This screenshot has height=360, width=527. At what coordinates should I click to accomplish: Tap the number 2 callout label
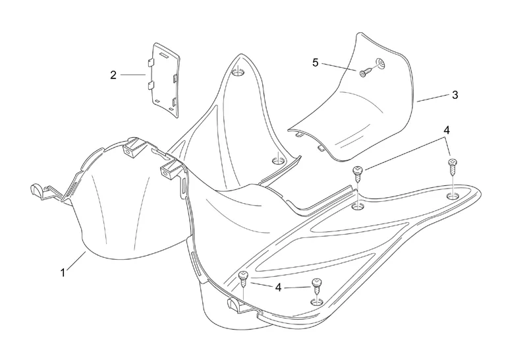(x=113, y=75)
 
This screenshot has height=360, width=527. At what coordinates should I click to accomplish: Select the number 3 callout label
(x=455, y=95)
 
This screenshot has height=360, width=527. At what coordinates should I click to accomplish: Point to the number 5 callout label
(x=316, y=63)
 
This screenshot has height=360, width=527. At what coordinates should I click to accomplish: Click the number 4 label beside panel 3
(x=447, y=131)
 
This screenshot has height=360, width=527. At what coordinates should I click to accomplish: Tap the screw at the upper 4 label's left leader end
(x=358, y=173)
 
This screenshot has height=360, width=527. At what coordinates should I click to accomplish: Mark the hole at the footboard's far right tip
(x=453, y=196)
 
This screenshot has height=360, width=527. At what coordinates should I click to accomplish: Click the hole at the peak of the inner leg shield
(x=238, y=71)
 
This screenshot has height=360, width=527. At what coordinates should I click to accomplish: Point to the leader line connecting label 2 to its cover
(x=133, y=75)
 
